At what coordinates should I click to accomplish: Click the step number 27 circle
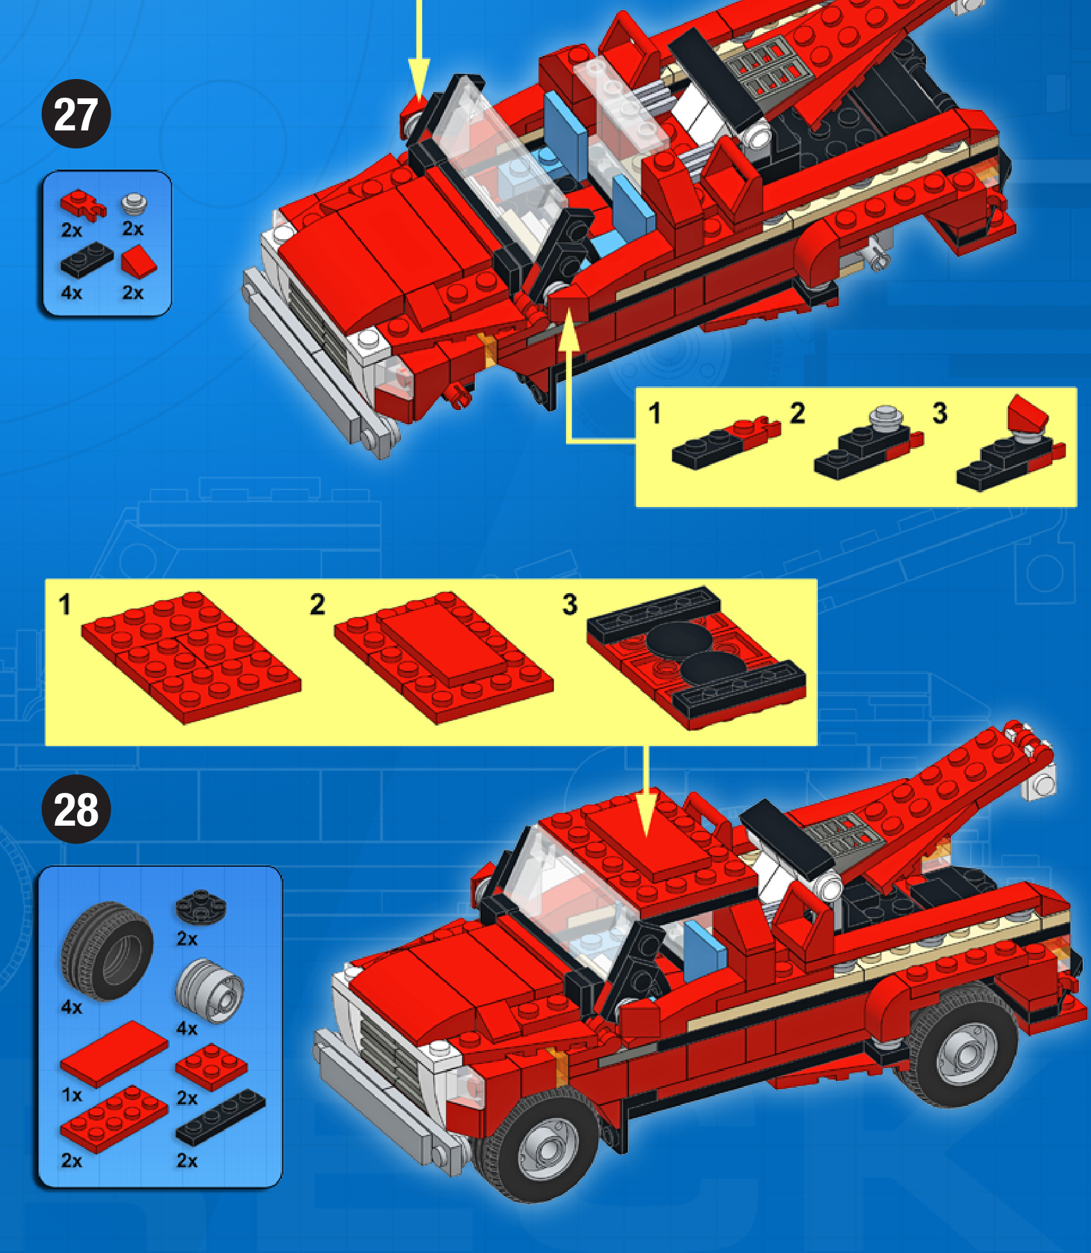tap(76, 114)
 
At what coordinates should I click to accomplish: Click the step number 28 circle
tap(76, 809)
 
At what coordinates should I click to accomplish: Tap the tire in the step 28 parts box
tap(107, 951)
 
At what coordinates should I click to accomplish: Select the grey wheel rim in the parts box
tap(209, 990)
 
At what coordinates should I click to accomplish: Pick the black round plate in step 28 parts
tap(200, 905)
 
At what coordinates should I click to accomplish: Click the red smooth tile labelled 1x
tap(114, 1054)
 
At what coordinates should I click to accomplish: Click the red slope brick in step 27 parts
tap(139, 263)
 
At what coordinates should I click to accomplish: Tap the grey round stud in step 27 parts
tap(134, 204)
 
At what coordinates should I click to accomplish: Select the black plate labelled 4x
tap(87, 259)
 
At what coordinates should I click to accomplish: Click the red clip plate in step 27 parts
tap(83, 204)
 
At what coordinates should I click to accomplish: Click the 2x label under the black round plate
tap(187, 939)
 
